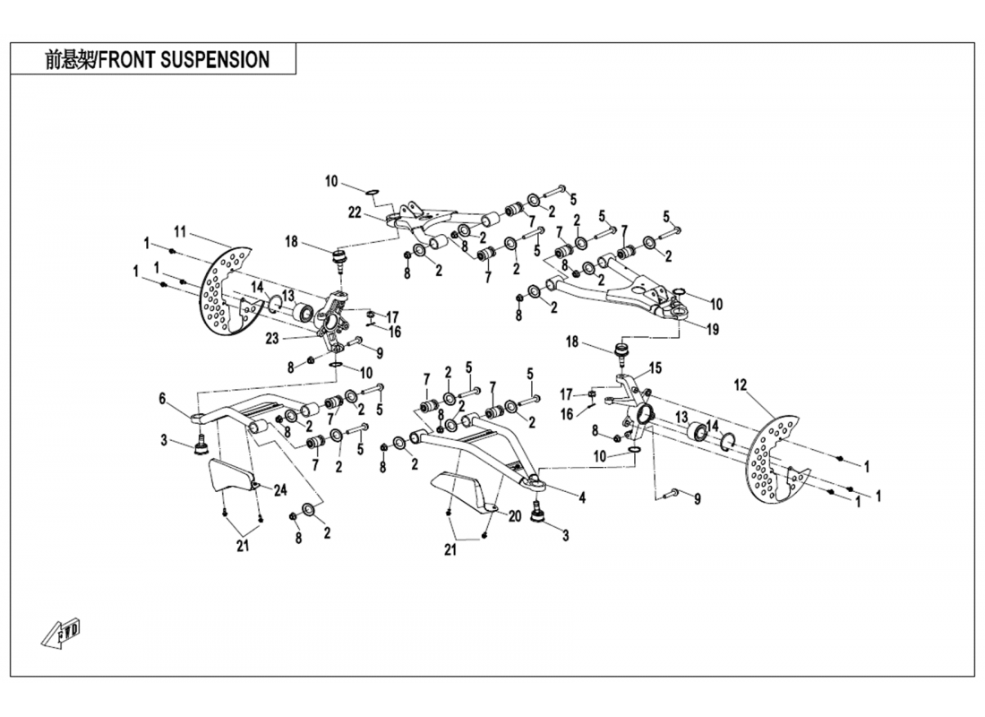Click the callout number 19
712,330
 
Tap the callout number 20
515,516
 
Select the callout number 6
163,397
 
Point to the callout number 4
582,498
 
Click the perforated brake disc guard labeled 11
219,292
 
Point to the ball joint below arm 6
201,445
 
